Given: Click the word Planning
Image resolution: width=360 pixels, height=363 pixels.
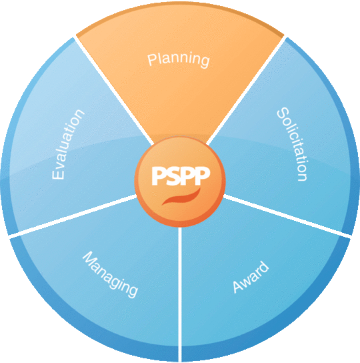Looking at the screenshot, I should point(179,59).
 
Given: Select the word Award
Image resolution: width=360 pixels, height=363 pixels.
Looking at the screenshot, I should point(251,278).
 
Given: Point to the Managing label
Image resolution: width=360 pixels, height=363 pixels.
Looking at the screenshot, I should point(110,274).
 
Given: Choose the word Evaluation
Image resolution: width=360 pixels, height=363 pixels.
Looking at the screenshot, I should point(69,145).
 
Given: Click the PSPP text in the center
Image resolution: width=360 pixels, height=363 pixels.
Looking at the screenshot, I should point(180,175).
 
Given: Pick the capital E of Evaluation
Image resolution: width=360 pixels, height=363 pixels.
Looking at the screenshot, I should point(58,173).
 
